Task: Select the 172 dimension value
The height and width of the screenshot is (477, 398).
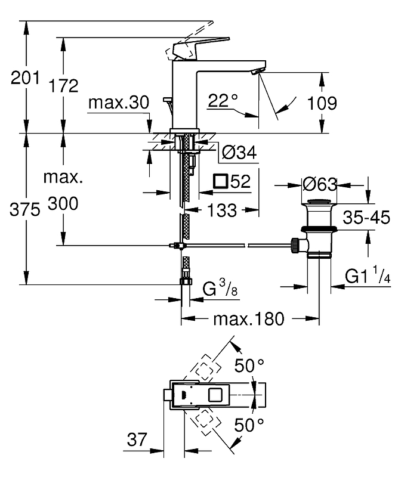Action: click(64, 86)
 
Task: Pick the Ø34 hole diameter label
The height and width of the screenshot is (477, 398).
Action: click(239, 153)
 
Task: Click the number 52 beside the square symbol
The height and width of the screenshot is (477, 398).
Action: click(240, 182)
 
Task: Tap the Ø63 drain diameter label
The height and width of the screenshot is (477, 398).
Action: click(320, 184)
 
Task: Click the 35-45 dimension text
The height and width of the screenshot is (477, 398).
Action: click(366, 218)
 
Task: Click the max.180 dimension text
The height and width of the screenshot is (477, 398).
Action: click(249, 319)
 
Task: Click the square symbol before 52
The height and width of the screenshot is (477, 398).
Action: click(221, 182)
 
